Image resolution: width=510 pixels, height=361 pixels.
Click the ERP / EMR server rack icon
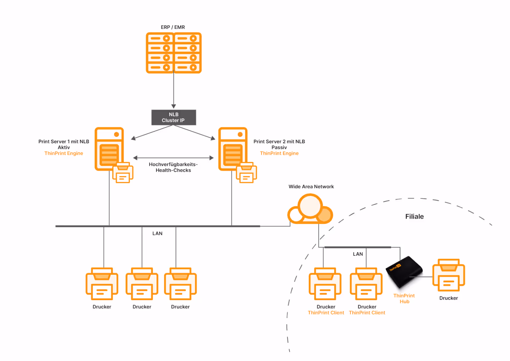tap(174, 53)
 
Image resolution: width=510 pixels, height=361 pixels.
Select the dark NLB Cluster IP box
tap(174, 118)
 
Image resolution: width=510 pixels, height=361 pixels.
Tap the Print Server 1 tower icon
tap(109, 149)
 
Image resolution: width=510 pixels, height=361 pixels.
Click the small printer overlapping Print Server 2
tap(246, 173)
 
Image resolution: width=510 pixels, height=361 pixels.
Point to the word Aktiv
tap(64, 147)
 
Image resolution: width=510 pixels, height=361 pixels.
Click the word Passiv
tap(279, 147)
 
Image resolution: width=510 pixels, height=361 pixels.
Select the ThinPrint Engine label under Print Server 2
tap(279, 153)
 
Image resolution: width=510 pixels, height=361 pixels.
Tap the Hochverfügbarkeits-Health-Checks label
tap(173, 167)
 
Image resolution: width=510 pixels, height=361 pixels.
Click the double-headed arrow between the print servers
tap(173, 158)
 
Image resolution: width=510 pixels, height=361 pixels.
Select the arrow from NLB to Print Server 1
tap(151, 132)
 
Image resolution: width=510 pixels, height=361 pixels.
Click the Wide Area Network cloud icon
tap(310, 210)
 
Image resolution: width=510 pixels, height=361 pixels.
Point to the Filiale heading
tap(414, 217)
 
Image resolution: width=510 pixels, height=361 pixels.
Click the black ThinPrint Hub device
tap(404, 272)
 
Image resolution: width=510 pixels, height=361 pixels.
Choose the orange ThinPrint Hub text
tap(404, 299)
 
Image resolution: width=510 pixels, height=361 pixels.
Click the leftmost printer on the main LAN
tap(102, 284)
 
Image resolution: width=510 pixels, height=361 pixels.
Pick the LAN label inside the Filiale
tap(358, 254)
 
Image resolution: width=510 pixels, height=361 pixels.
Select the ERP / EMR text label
tap(173, 27)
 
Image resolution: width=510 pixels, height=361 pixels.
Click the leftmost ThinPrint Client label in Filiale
tap(326, 313)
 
